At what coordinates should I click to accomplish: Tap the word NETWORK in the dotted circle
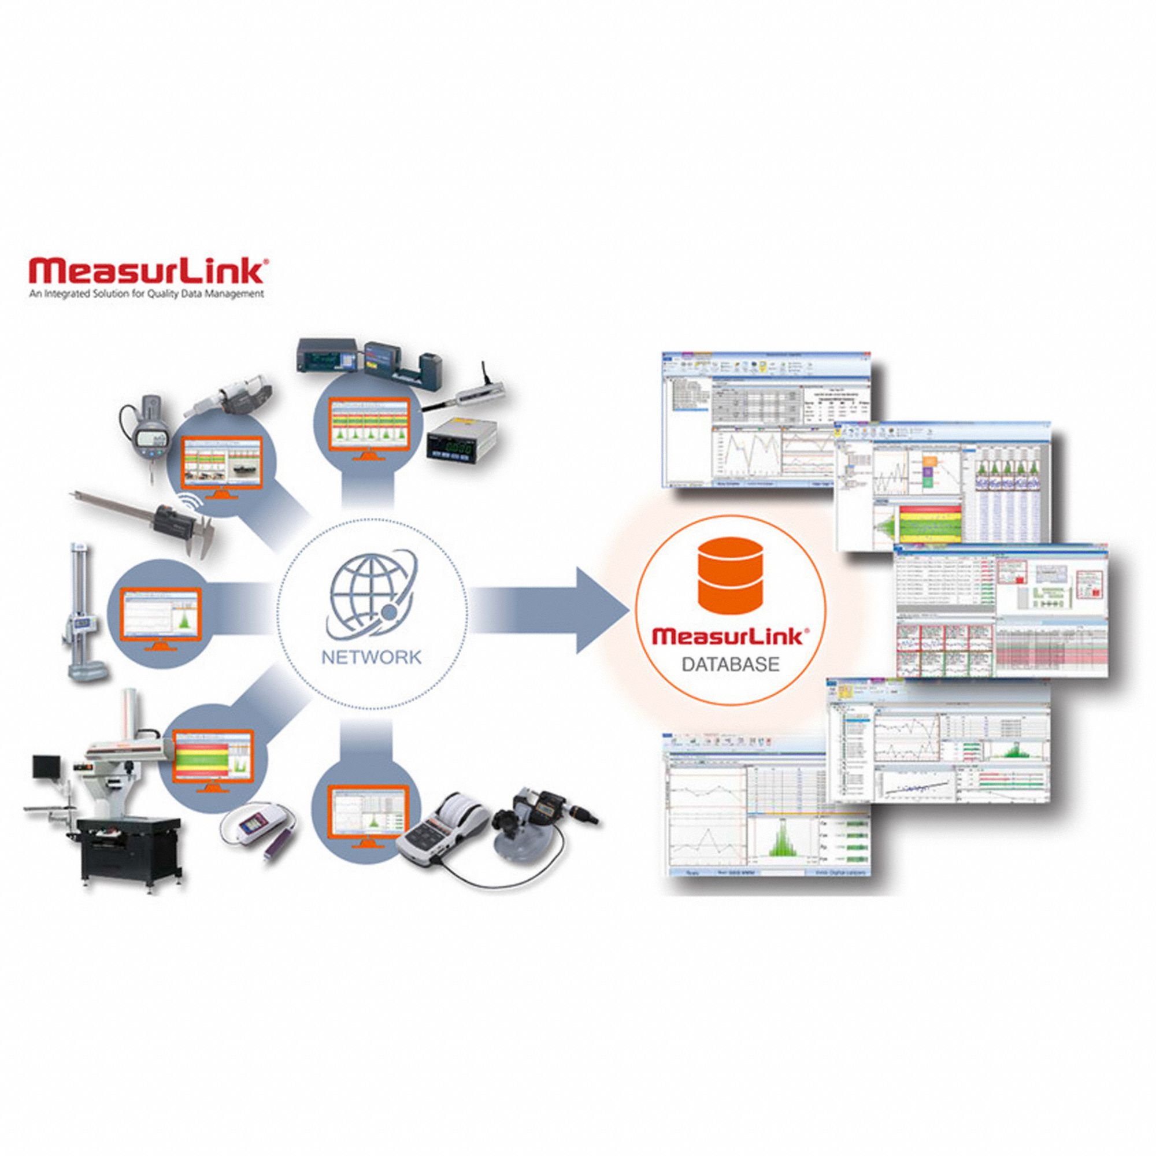371,657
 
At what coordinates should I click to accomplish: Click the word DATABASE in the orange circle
731,664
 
